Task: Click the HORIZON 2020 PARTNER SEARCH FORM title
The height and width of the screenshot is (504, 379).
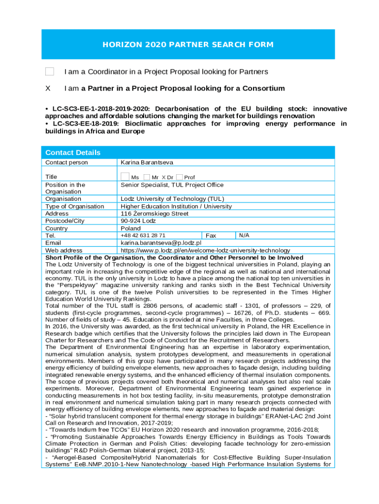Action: point(188,45)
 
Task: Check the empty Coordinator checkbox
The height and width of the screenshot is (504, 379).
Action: point(49,72)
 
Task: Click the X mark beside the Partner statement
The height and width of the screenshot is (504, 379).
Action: point(48,89)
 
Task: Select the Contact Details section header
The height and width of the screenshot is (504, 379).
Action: point(73,153)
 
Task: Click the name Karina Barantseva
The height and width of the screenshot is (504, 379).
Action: point(147,162)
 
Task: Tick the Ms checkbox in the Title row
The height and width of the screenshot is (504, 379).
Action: point(126,177)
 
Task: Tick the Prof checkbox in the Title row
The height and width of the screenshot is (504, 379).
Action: point(179,177)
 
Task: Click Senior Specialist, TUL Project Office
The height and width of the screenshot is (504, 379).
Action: point(172,185)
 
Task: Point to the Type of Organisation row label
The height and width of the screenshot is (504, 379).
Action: point(75,206)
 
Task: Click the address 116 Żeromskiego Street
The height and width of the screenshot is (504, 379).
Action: point(155,214)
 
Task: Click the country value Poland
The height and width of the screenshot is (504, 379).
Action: point(131,228)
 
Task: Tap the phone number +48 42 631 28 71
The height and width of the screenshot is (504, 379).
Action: point(143,236)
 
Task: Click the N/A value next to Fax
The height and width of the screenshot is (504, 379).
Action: point(244,236)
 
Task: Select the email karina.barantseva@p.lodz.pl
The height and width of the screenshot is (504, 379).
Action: point(161,243)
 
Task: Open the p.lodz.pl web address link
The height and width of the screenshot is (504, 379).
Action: point(205,251)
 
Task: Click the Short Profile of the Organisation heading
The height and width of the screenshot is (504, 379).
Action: point(174,257)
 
